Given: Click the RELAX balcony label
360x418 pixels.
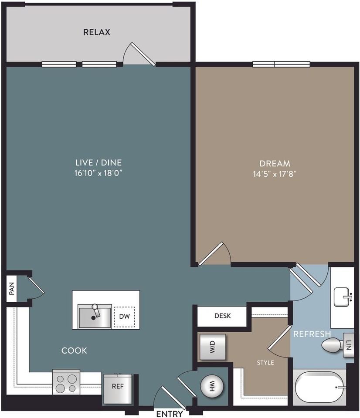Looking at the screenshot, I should (x=97, y=32).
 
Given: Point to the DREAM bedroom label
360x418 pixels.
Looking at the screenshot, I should (x=275, y=164).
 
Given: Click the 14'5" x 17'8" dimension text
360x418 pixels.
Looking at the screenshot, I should (x=275, y=174).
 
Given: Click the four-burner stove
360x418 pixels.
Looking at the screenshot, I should (x=66, y=382).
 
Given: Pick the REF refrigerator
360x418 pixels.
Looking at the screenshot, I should (x=117, y=387).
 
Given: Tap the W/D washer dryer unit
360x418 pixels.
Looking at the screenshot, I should (x=212, y=347).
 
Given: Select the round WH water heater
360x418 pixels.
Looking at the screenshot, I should (x=212, y=386).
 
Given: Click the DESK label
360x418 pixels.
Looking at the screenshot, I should (x=222, y=316).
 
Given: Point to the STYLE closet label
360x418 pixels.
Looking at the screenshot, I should (x=265, y=362).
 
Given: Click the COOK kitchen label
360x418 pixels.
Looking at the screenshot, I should (x=74, y=351).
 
